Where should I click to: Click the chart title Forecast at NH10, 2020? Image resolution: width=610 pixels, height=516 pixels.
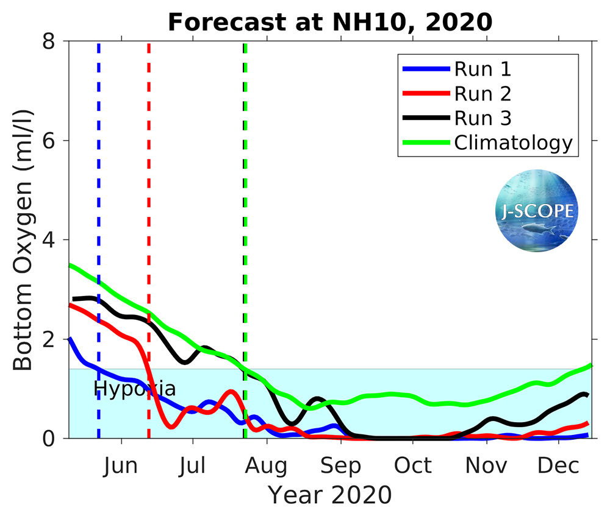point(330,22)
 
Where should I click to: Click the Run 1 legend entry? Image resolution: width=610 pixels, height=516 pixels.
point(482,69)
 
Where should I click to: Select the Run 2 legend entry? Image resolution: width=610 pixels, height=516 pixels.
point(482,94)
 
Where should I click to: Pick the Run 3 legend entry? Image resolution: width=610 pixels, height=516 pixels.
point(482,118)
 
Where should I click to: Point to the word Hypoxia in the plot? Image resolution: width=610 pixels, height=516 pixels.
point(134,389)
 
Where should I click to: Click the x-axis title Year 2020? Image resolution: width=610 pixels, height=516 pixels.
point(330,495)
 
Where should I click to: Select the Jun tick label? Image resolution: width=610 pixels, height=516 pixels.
point(120,466)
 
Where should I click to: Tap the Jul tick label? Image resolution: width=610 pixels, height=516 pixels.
point(193,466)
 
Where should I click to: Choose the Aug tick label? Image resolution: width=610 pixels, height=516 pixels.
point(267,466)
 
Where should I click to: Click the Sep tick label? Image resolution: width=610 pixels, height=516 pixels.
point(341,466)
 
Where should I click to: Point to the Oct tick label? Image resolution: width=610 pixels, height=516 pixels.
point(413,466)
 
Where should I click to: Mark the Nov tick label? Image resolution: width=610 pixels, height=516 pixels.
point(487,466)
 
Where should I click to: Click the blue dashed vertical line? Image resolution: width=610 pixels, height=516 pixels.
point(99,183)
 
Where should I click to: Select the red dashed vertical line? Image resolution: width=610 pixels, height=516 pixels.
point(149,183)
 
